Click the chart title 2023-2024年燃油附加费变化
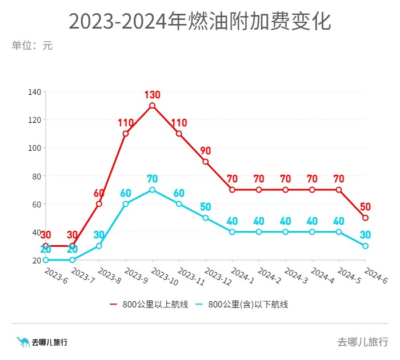tap(200, 22)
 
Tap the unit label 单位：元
tap(32, 46)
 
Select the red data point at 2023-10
tap(152, 106)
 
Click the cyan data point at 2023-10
tap(152, 190)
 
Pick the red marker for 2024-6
tap(365, 218)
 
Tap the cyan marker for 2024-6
tap(365, 246)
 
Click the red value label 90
tap(206, 151)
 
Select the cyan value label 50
tap(206, 207)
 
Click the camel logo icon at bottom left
tap(23, 342)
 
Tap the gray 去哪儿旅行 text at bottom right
tap(362, 342)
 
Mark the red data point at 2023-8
tap(99, 204)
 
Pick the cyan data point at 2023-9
tap(126, 204)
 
